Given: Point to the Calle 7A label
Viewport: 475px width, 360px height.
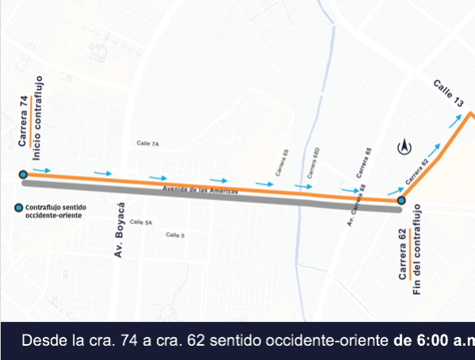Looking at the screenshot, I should coord(148,144).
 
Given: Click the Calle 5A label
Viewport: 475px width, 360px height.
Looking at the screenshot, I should coord(141,222).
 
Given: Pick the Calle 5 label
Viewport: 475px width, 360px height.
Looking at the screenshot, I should coord(175,235).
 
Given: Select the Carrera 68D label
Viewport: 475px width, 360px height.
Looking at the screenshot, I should coord(313,163).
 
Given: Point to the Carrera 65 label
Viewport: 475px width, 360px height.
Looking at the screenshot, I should coord(363,162).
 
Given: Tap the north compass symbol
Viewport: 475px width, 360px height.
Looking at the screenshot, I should coord(405,146).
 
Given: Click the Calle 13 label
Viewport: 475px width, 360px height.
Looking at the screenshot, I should coord(448,93).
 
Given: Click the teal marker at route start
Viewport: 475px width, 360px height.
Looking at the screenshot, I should coord(23,175).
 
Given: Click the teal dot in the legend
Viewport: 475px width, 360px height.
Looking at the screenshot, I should coord(17,209).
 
